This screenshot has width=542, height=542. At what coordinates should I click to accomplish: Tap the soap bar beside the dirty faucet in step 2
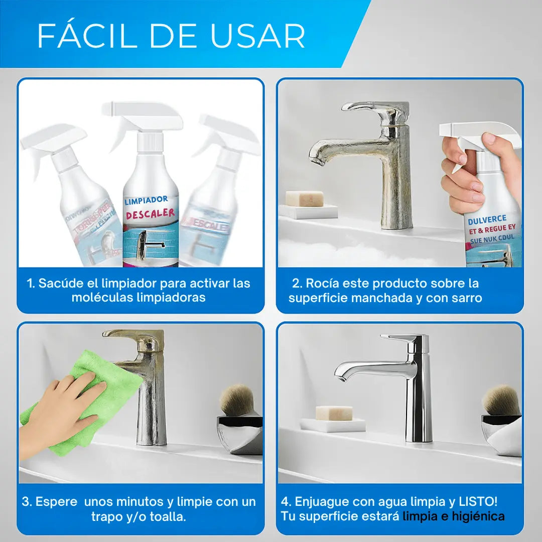tap(305, 199)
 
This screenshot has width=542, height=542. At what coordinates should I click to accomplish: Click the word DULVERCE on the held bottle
tap(487, 219)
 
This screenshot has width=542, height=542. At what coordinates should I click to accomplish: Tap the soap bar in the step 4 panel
tap(334, 413)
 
